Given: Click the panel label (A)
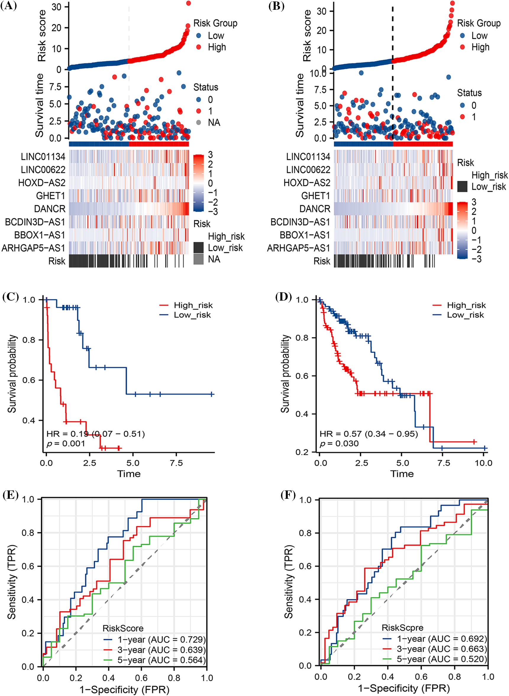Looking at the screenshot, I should click(8, 6).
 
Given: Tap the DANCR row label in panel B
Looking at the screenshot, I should click(315, 209).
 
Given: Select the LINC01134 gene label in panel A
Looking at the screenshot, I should click(43, 157).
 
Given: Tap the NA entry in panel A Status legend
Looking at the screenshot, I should click(214, 123).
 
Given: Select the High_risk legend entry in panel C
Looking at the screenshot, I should click(193, 305).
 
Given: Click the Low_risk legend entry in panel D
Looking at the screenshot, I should click(465, 315).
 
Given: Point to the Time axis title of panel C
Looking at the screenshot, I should click(129, 474).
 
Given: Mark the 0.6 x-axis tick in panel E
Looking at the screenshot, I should click(141, 678).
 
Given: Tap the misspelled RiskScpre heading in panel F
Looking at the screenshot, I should click(403, 628).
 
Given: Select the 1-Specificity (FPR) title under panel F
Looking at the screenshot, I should click(404, 688).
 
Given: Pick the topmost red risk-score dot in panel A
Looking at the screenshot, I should click(188, 3).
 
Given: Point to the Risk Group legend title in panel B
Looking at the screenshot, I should click(479, 23).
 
